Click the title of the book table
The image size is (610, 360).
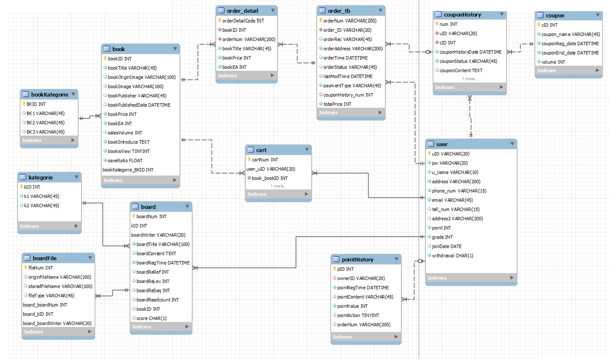tap(118, 49)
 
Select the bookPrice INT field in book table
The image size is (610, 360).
tap(122, 114)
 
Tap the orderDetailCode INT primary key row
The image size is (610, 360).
tap(243, 21)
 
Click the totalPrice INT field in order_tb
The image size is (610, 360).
tap(337, 104)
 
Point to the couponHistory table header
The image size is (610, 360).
tap(462, 15)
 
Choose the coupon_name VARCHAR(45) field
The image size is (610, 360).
tap(570, 34)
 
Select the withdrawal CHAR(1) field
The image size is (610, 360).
tap(452, 256)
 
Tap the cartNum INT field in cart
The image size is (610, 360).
tap(265, 160)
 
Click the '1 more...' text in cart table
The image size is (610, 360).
tap(279, 186)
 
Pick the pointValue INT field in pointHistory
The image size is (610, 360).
tap(352, 306)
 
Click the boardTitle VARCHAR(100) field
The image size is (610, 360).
tap(163, 245)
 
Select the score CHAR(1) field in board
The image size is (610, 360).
tap(151, 319)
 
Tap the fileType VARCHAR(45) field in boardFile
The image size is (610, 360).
tap(51, 296)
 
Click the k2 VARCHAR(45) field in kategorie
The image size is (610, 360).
tap(41, 206)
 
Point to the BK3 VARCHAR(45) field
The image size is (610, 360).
tap(45, 132)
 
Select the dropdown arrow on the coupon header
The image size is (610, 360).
tap(597, 15)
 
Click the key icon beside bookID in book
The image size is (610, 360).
tap(105, 59)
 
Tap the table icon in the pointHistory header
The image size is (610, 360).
tap(336, 259)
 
